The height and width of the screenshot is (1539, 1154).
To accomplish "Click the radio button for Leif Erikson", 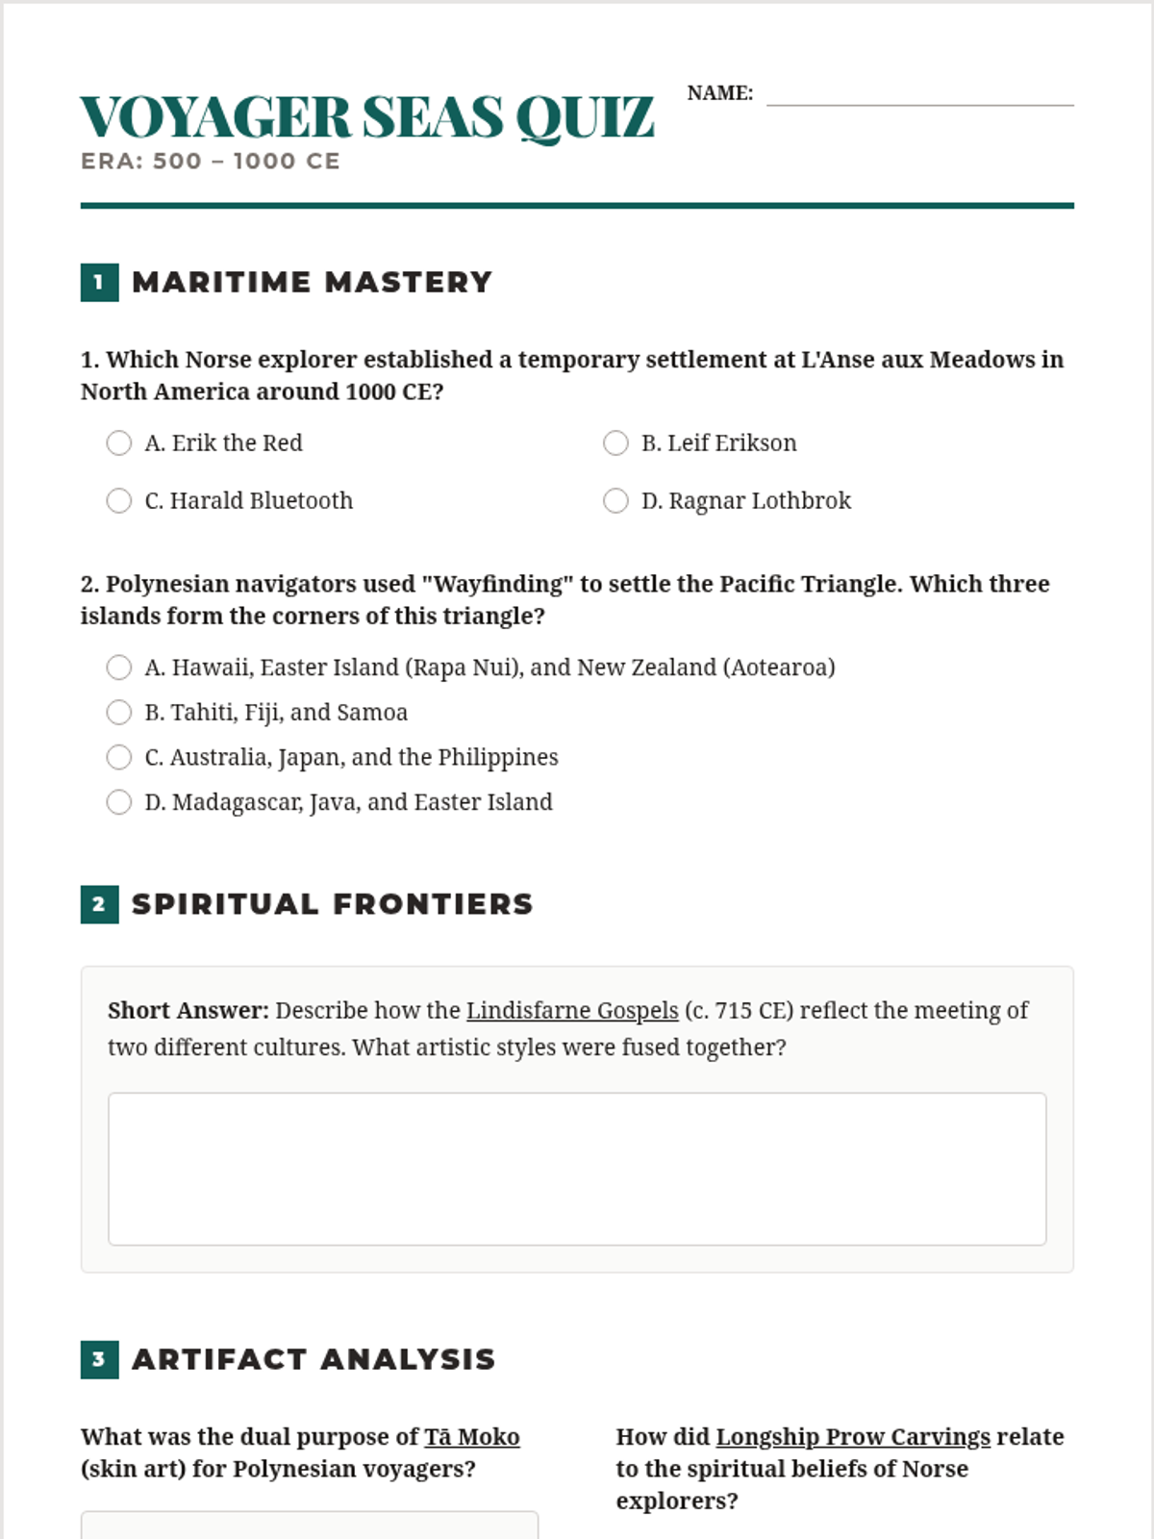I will pyautogui.click(x=615, y=442).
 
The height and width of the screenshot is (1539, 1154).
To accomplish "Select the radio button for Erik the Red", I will pyautogui.click(x=119, y=442).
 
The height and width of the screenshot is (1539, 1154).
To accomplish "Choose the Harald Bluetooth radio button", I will pyautogui.click(x=119, y=500).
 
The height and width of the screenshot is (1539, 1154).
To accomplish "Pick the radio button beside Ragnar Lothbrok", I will pyautogui.click(x=615, y=500).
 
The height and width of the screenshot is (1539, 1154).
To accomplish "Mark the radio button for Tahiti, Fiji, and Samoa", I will pyautogui.click(x=119, y=712).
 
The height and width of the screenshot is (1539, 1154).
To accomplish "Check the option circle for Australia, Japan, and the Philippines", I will pyautogui.click(x=119, y=757).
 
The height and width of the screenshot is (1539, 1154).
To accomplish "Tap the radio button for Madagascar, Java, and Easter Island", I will pyautogui.click(x=119, y=802).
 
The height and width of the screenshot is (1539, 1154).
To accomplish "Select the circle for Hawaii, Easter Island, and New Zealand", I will pyautogui.click(x=119, y=667).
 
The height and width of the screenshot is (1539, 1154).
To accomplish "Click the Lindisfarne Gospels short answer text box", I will pyautogui.click(x=577, y=1169).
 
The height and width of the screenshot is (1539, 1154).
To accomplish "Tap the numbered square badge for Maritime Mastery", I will pyautogui.click(x=99, y=282).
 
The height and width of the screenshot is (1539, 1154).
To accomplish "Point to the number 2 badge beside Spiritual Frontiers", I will pyautogui.click(x=99, y=904).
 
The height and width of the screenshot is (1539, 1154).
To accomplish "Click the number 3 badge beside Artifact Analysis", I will pyautogui.click(x=99, y=1359).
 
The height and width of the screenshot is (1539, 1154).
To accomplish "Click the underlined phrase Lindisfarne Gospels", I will pyautogui.click(x=572, y=1011).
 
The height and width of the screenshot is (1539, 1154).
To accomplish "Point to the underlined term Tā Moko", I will pyautogui.click(x=472, y=1437).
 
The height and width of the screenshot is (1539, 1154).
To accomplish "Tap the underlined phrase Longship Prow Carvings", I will pyautogui.click(x=853, y=1437).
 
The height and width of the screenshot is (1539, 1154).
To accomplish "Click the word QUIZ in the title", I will pyautogui.click(x=585, y=118).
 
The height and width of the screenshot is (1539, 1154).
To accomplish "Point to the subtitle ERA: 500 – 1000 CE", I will pyautogui.click(x=211, y=162).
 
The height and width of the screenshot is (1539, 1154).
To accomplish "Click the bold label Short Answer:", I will pyautogui.click(x=188, y=1011).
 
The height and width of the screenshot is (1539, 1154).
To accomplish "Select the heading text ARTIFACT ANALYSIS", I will pyautogui.click(x=314, y=1359).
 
